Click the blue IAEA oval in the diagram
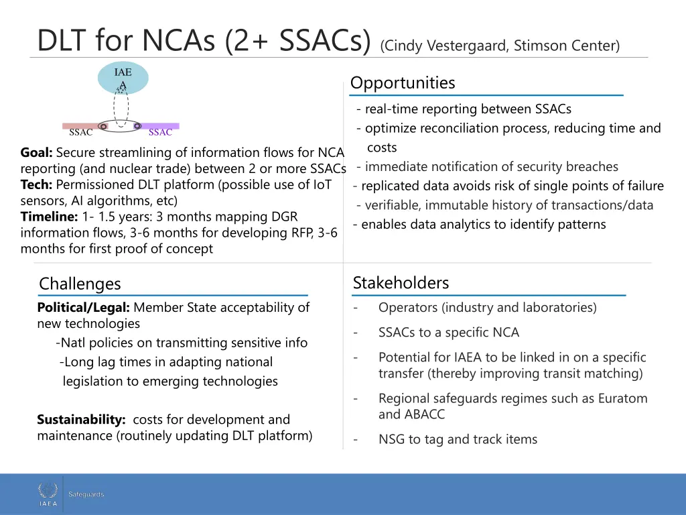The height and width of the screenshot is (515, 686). pos(123,78)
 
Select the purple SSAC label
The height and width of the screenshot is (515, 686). pos(160,132)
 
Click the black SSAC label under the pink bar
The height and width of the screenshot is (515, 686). pos(81,132)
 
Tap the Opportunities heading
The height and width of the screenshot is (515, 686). pos(403,83)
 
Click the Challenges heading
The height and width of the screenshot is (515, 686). pos(80,284)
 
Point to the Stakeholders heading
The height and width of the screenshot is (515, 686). pos(401,283)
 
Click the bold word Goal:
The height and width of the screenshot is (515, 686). pos(37,152)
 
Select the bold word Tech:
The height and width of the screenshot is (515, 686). pos(36,184)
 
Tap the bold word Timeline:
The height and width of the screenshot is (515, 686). pos(50,217)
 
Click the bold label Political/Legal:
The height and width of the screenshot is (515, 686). pos(84,308)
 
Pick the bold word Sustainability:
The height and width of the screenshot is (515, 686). pos(81,420)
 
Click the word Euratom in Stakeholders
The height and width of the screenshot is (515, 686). pos(622,398)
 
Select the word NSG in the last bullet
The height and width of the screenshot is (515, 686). pos(392,440)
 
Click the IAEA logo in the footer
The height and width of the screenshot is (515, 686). pos(48,494)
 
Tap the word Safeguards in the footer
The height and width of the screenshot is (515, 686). pos(86,494)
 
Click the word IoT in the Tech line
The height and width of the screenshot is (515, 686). pos(322,184)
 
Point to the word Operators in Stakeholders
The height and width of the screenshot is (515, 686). pos(407,308)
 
